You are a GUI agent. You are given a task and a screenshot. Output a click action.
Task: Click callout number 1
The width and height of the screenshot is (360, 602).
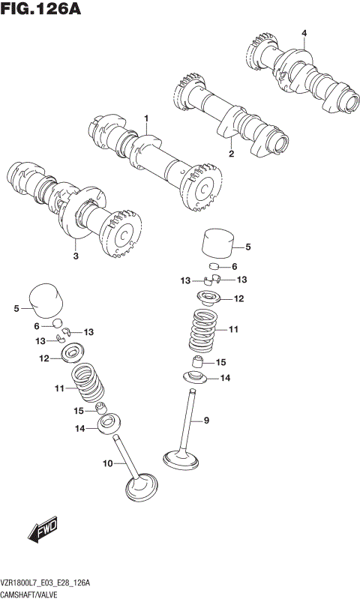point(147,118)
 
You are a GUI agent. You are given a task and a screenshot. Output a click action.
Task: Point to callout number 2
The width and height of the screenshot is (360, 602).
point(231,154)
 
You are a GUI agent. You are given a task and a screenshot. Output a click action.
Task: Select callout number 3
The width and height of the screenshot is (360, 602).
point(76,256)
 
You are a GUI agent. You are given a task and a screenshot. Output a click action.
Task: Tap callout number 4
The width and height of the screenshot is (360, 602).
point(304,33)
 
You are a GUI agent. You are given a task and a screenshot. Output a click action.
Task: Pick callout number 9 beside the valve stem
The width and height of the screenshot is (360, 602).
point(206,421)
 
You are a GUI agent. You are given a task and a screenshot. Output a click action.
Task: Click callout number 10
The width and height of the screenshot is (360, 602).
point(108,464)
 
